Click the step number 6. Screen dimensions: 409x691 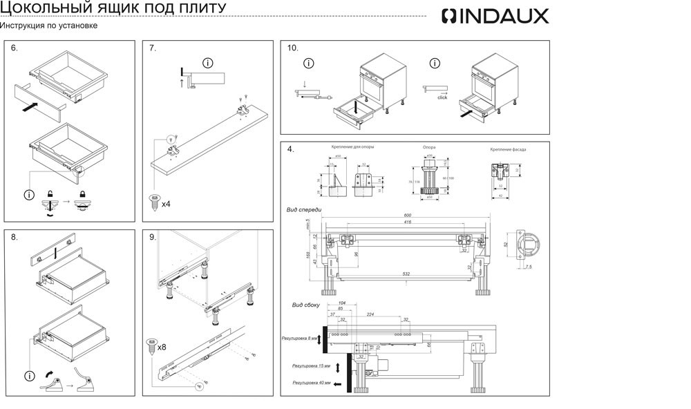(15, 48)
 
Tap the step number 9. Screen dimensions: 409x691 (153, 237)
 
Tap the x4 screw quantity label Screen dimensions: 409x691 (166, 204)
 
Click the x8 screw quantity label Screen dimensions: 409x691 (162, 347)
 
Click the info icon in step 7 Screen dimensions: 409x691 (207, 63)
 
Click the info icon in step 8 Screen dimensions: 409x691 (29, 376)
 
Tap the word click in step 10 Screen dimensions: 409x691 (442, 97)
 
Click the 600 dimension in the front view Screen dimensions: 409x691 (407, 216)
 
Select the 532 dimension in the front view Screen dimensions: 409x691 (406, 274)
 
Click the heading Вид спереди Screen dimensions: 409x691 (304, 209)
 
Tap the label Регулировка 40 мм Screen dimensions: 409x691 (312, 382)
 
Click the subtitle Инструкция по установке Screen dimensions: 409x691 (48, 26)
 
